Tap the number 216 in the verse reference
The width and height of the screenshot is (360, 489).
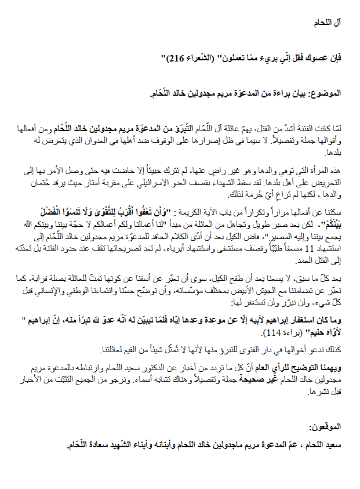pyautogui.click(x=176, y=59)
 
